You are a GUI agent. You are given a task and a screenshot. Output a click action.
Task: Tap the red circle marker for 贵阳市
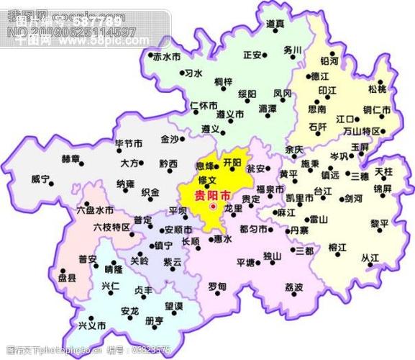[x=213, y=207]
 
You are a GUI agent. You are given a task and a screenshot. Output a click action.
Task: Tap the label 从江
[x=370, y=258]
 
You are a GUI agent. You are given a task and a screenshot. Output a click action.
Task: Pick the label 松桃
[x=377, y=89]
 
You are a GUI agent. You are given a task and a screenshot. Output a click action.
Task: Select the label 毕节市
[x=129, y=145]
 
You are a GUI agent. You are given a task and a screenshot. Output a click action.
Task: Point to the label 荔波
[x=293, y=287]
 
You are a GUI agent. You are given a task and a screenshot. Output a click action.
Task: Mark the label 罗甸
[x=217, y=287]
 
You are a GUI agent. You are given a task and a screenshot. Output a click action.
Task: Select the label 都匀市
[x=252, y=229]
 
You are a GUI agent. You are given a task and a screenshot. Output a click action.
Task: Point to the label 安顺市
[x=178, y=230]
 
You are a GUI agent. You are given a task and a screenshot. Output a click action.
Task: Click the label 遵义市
[x=211, y=114]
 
